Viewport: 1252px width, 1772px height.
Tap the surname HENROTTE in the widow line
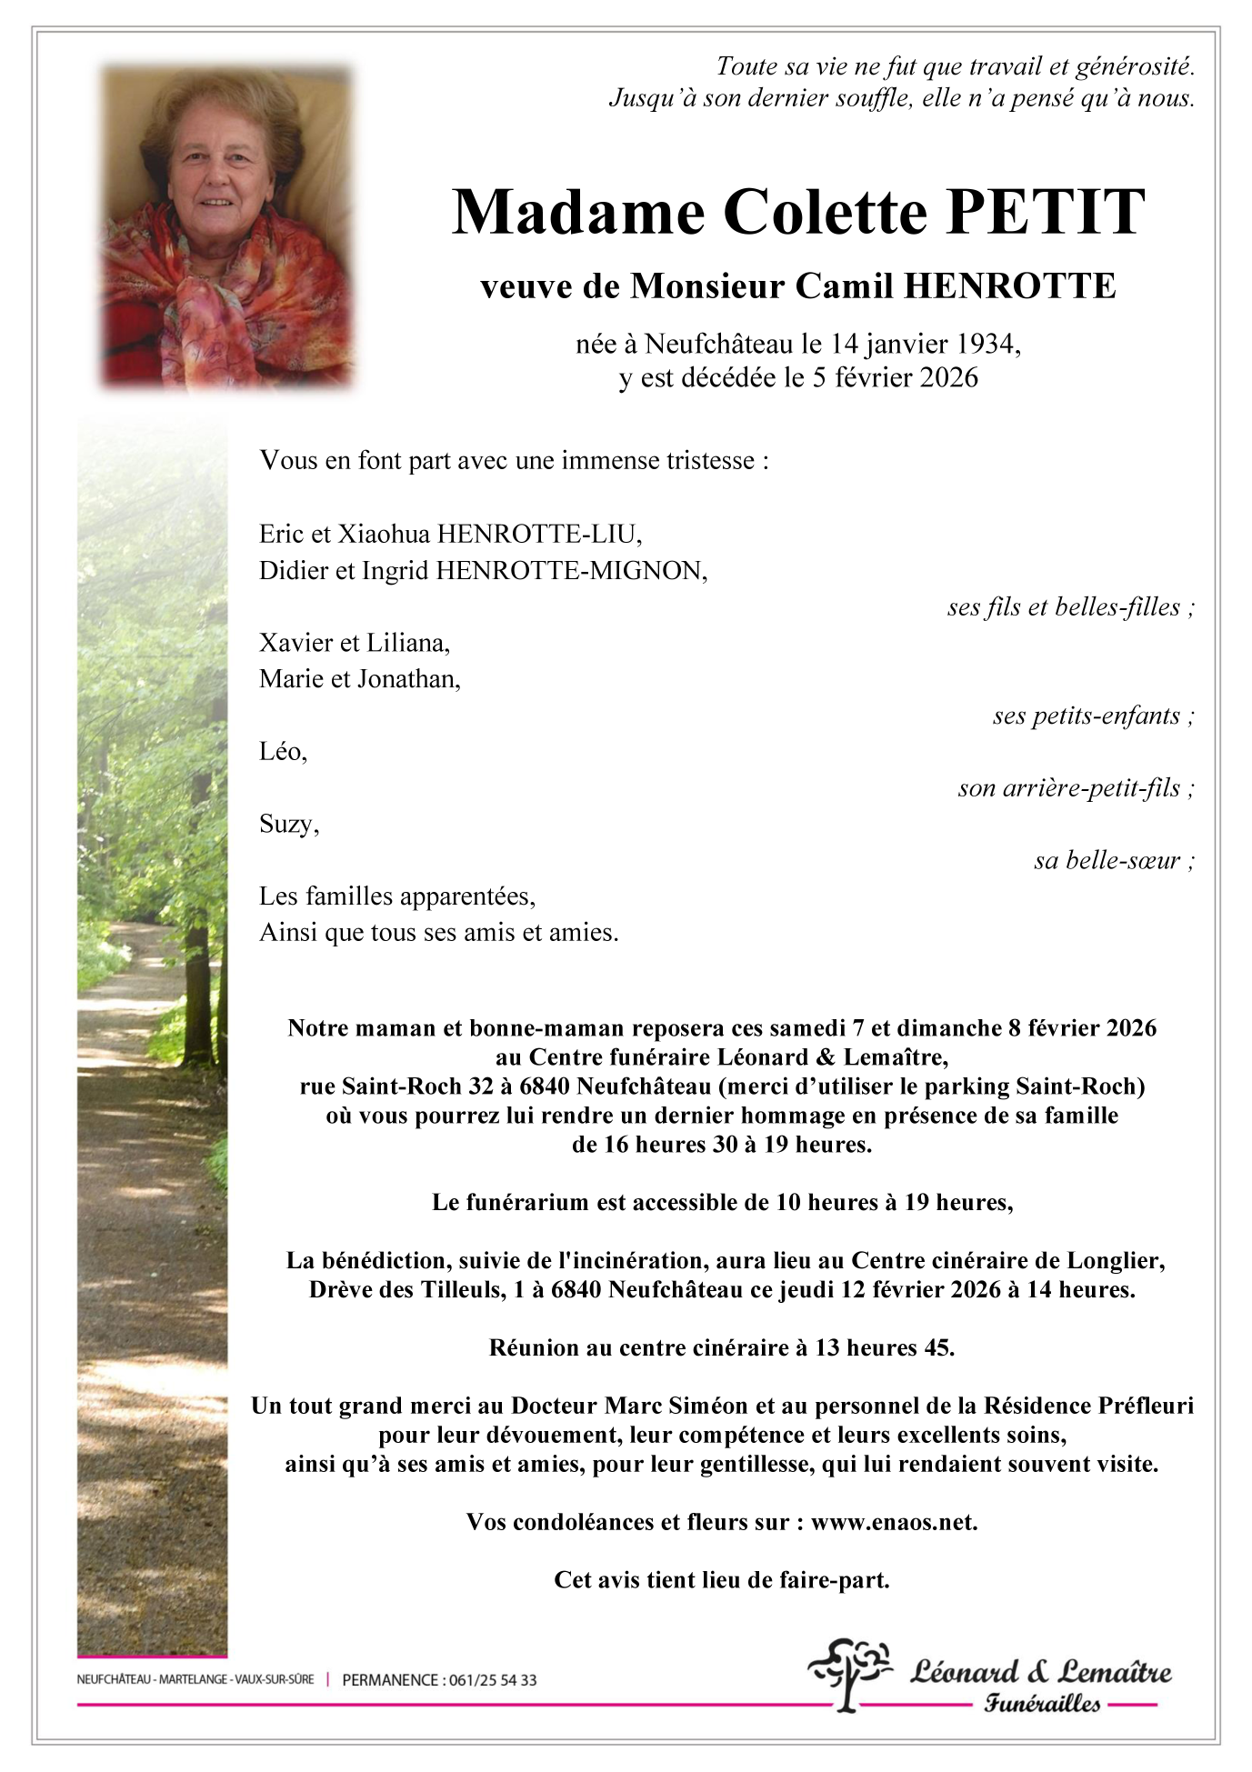click(1009, 286)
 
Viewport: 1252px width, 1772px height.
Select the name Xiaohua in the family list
click(384, 534)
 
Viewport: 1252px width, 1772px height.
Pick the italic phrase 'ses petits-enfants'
click(1086, 716)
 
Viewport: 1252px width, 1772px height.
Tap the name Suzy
click(287, 824)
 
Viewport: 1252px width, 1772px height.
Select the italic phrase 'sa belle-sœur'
click(1107, 860)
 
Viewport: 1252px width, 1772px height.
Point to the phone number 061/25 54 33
click(492, 1680)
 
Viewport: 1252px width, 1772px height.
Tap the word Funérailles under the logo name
click(1042, 1704)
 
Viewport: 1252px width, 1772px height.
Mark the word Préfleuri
click(1146, 1406)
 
